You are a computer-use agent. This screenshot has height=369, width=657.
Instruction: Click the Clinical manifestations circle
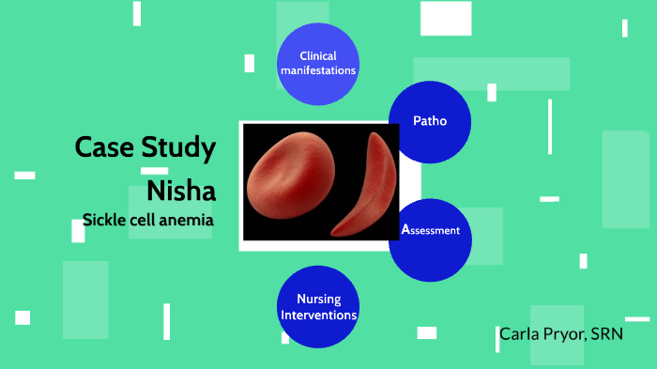[x=318, y=63]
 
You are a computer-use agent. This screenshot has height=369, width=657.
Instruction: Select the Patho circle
[x=430, y=121]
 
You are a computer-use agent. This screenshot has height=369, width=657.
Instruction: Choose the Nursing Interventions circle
[x=318, y=306]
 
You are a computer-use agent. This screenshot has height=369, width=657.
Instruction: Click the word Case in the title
[x=105, y=147]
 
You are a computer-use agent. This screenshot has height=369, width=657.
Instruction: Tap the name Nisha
[x=181, y=191]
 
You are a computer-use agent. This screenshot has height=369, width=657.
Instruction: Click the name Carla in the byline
[x=519, y=333]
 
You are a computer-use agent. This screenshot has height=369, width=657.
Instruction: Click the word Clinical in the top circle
[x=318, y=56]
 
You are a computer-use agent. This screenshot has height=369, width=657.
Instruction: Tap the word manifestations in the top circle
[x=318, y=70]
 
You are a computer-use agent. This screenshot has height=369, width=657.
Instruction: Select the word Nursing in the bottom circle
[x=318, y=300]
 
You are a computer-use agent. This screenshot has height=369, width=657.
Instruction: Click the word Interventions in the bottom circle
[x=318, y=315]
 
